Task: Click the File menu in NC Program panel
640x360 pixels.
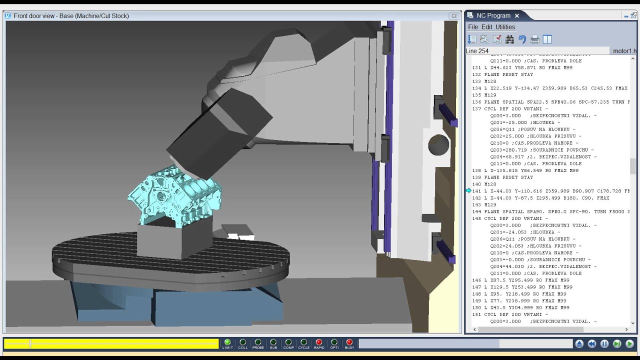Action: [x=472, y=27]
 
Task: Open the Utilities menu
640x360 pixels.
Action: [x=505, y=27]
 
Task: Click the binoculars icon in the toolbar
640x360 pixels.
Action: [x=509, y=39]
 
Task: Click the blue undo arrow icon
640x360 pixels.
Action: [x=522, y=39]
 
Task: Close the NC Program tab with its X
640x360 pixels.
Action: [x=517, y=15]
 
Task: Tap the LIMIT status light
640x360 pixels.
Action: [x=227, y=342]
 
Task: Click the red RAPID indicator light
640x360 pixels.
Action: [x=319, y=342]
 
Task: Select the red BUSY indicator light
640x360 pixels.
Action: [x=349, y=342]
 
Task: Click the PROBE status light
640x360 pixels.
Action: [x=258, y=342]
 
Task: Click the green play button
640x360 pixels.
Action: [x=629, y=344]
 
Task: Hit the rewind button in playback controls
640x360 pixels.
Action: [x=592, y=344]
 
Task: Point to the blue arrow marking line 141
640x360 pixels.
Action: [x=468, y=191]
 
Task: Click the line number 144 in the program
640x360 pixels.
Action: [x=476, y=211]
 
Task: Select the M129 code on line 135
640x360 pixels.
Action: [x=490, y=95]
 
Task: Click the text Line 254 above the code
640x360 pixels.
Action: [x=477, y=51]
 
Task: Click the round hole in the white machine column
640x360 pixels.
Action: [x=438, y=145]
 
